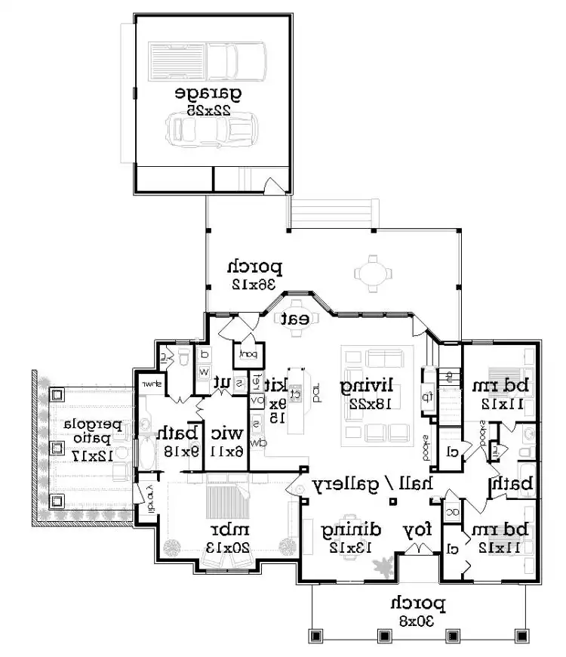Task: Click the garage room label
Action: coord(208,94)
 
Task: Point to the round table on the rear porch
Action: coord(370,272)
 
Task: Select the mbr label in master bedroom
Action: coord(226,527)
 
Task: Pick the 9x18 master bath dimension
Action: coord(177,451)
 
